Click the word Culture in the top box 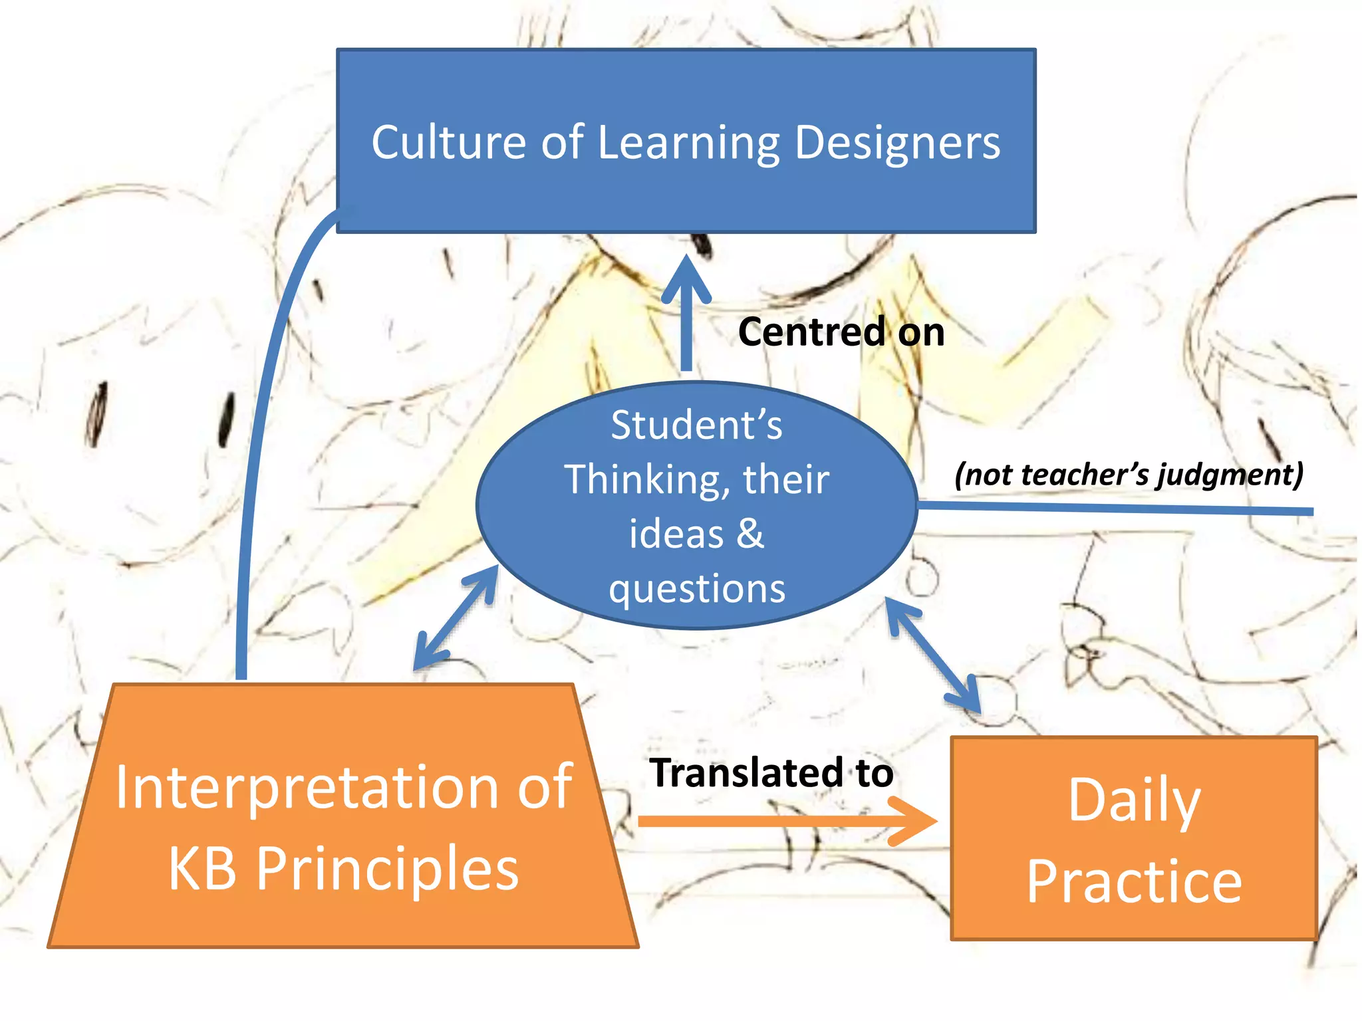[449, 142]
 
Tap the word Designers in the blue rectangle [897, 142]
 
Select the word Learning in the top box [689, 144]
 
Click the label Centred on [841, 332]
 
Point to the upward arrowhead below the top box [686, 279]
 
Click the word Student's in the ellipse [696, 425]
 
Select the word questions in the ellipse [697, 589]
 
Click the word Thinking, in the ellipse [642, 479]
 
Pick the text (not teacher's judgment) [1129, 475]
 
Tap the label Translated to [771, 772]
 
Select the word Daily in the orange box [1134, 801]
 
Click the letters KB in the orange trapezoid [202, 869]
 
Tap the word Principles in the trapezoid [387, 869]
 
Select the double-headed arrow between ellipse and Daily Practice [932, 655]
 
